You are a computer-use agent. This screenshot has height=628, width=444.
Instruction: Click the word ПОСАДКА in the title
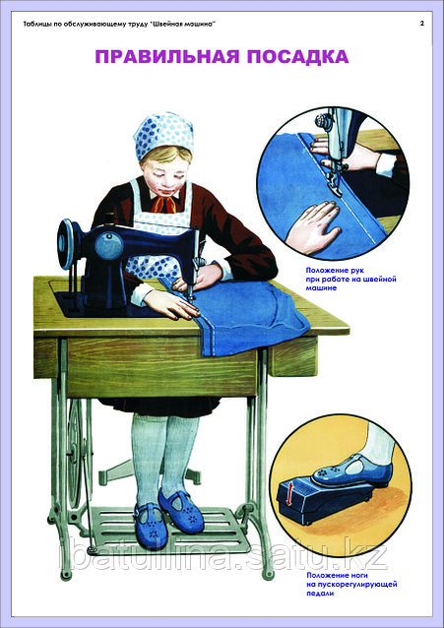tap(297, 56)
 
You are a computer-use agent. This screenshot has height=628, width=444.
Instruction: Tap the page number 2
tap(422, 24)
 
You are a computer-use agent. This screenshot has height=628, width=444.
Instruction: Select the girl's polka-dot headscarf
tap(163, 135)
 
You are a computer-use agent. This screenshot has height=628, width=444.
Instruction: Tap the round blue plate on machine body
tap(108, 244)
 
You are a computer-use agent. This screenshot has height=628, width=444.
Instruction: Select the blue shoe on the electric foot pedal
tap(352, 470)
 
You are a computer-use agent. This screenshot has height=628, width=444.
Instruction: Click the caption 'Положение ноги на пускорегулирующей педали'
tap(351, 585)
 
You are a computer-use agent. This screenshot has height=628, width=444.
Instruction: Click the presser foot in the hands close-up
tap(335, 182)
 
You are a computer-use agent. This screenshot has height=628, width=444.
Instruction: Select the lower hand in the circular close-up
tap(313, 226)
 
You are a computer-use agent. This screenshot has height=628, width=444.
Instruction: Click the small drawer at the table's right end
tap(292, 355)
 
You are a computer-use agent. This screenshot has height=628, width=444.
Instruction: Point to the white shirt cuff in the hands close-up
tap(386, 165)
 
